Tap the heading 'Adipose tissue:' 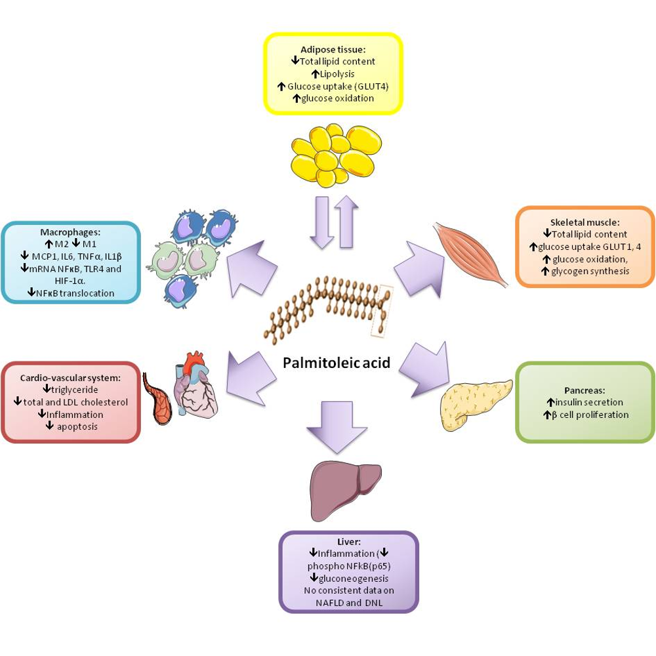[x=333, y=49]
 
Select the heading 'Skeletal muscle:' [x=586, y=222]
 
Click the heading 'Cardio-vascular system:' [x=71, y=378]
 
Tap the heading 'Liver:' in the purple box [x=348, y=542]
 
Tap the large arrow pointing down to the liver [x=335, y=425]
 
